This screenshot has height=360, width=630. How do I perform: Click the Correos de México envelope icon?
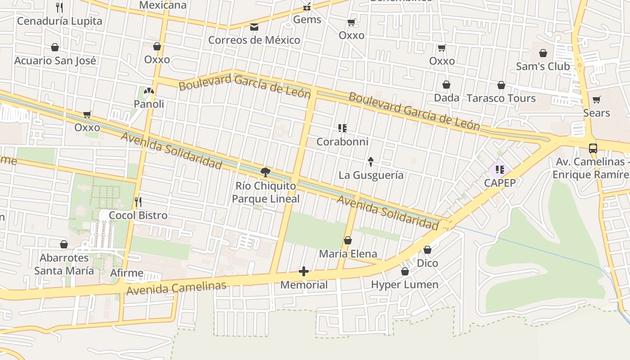point(254,27)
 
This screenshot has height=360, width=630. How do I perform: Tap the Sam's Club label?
point(543,66)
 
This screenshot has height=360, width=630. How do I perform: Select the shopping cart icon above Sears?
point(596,99)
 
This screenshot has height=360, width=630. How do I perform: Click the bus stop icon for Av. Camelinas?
point(593,148)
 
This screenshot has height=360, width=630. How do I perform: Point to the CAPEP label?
point(499,183)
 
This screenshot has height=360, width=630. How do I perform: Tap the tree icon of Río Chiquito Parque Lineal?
point(265,172)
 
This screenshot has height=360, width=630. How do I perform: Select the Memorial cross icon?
point(304,271)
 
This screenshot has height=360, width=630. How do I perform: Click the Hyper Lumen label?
point(405,284)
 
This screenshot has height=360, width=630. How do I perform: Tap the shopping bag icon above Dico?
point(427,249)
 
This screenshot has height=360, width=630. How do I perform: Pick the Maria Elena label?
point(348,254)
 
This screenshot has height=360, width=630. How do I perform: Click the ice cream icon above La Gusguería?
point(371,161)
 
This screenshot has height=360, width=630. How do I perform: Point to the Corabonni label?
point(342,142)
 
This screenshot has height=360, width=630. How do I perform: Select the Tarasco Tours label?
point(501,98)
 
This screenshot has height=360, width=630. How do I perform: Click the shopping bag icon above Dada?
point(446,85)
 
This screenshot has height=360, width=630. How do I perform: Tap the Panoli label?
point(148,104)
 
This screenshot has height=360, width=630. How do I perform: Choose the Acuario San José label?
point(55,61)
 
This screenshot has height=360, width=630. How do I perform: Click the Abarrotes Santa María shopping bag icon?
point(64,244)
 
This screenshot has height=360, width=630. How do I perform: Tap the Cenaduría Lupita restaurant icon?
point(59,7)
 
